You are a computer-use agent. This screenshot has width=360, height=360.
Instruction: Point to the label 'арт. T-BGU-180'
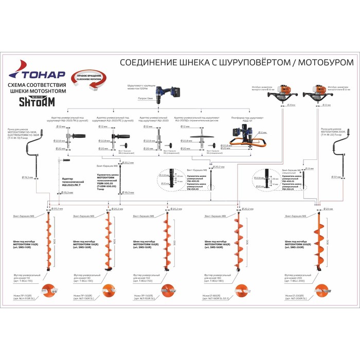[213, 281]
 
